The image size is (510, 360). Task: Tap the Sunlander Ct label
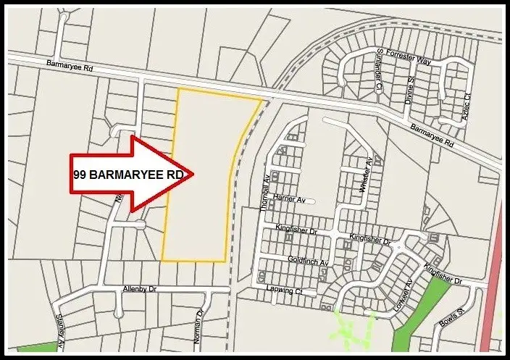point(379,70)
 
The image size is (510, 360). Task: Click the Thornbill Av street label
point(264,193)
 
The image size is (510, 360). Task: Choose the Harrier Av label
point(290,200)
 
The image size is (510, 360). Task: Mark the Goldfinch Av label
point(308,260)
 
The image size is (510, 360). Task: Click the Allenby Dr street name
point(140,289)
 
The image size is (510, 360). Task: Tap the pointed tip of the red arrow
point(192,174)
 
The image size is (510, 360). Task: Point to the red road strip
point(496,290)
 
